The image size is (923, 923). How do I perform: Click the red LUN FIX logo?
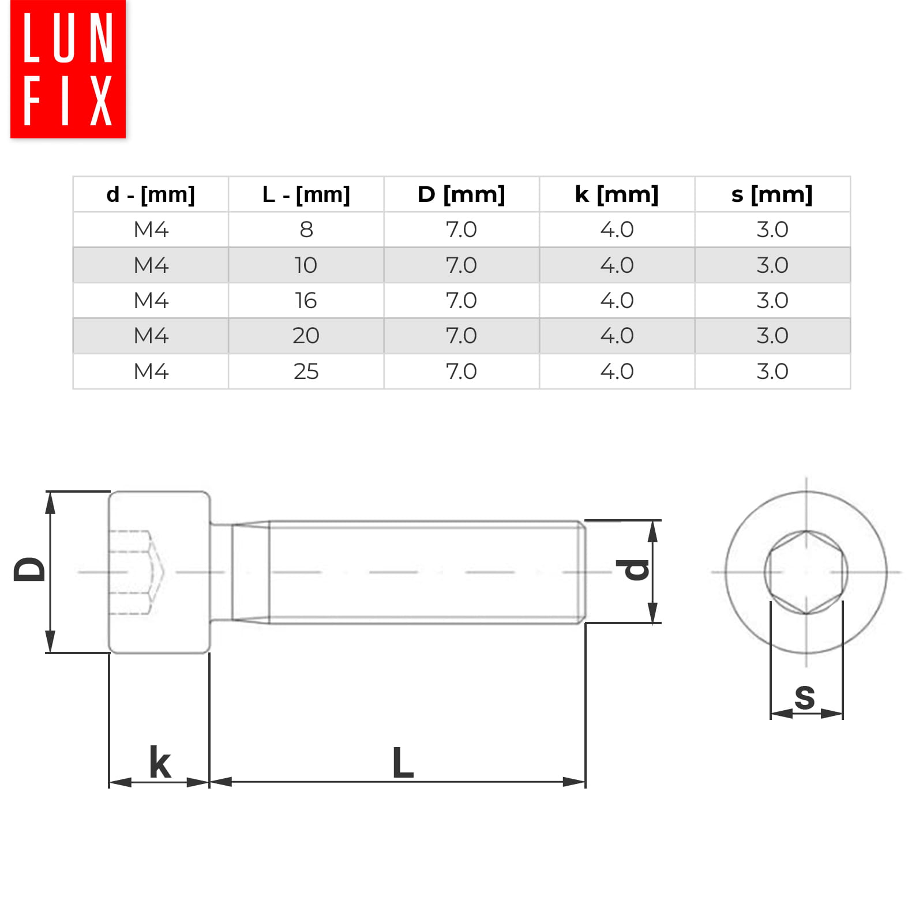[x=68, y=69]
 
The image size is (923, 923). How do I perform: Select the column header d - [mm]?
[x=151, y=194]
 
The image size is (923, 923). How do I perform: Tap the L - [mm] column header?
[x=306, y=194]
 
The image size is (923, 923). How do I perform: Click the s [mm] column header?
[x=772, y=194]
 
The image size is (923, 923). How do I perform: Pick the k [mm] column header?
[x=617, y=194]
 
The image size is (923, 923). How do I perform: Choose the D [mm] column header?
[x=461, y=194]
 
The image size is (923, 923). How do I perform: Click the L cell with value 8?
[x=306, y=230]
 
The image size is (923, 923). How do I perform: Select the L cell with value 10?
[x=306, y=265]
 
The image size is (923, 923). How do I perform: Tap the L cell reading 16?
[x=306, y=301]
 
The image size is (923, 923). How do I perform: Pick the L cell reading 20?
[x=306, y=336]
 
